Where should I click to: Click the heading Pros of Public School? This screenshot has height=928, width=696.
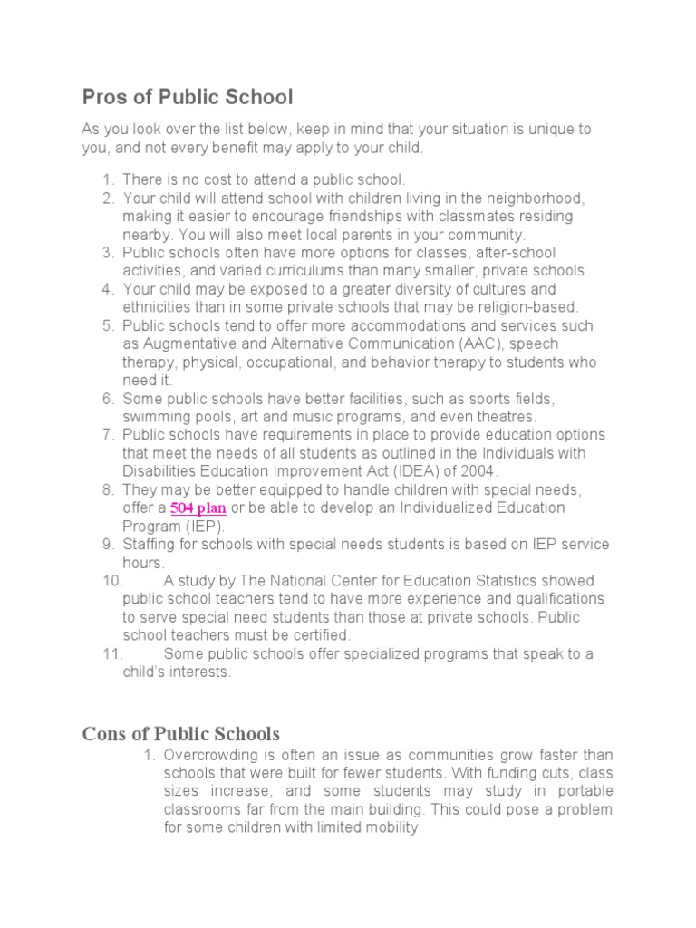coord(188,97)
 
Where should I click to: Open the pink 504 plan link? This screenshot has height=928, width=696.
coord(198,508)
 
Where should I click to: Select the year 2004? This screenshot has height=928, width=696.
coord(478,471)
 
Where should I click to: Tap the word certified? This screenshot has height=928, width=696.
coord(318,634)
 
